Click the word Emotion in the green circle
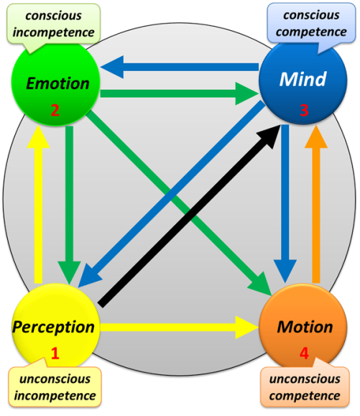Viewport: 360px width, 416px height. [57, 83]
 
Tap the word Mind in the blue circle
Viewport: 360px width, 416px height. [303, 79]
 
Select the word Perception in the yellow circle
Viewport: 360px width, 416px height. [53, 328]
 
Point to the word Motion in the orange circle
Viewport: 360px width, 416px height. [305, 327]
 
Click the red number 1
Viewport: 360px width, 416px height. [55, 353]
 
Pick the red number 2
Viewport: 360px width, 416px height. [55, 111]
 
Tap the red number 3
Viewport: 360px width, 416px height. [304, 110]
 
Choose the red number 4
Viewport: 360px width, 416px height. [304, 353]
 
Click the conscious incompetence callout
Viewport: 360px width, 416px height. [54, 24]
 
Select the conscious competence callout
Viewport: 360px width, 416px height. [311, 23]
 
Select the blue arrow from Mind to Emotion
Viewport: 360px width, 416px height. [180, 67]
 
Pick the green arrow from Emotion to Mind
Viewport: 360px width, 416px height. [180, 93]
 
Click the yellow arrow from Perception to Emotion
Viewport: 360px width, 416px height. [38, 205]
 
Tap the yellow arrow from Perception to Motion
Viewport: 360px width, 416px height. [180, 328]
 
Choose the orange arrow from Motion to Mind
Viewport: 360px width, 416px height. [316, 205]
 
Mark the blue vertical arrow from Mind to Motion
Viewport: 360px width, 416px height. [285, 203]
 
